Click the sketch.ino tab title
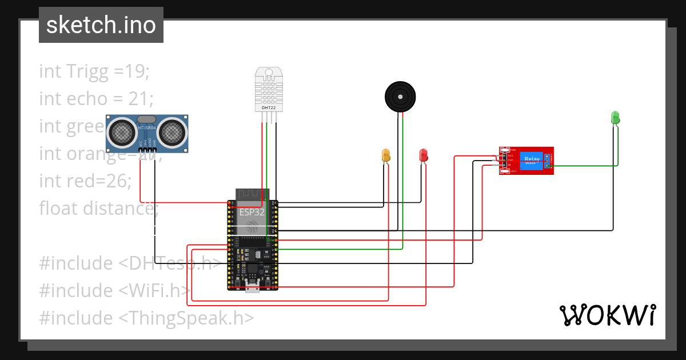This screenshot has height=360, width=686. coord(101,25)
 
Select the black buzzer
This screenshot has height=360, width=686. coord(399,95)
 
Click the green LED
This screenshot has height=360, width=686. coord(615,118)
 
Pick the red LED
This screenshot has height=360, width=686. coord(424,155)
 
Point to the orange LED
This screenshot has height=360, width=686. coord(386,155)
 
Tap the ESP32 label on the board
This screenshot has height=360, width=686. coord(252,212)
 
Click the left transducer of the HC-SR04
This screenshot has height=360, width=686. coord(122,133)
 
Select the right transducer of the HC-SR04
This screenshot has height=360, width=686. coord(171,133)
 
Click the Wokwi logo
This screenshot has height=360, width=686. coord(607,315)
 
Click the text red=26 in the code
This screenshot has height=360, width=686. coord(85,181)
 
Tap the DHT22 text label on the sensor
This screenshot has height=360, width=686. coord(269,107)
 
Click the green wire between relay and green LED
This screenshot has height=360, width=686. coord(583,166)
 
